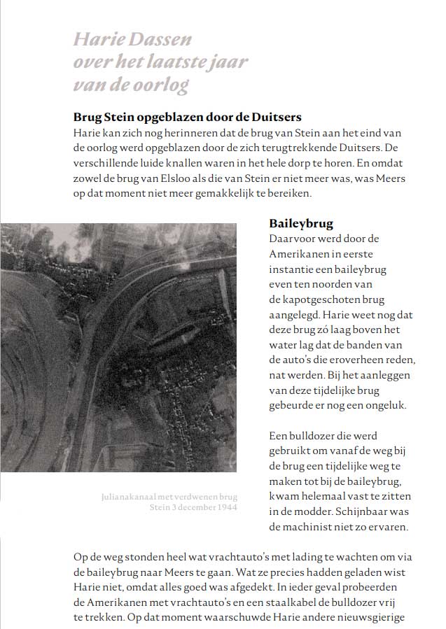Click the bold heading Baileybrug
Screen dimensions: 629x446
[x=301, y=224]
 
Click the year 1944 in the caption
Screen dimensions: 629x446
[x=225, y=507]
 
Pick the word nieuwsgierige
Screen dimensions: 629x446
[x=368, y=618]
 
